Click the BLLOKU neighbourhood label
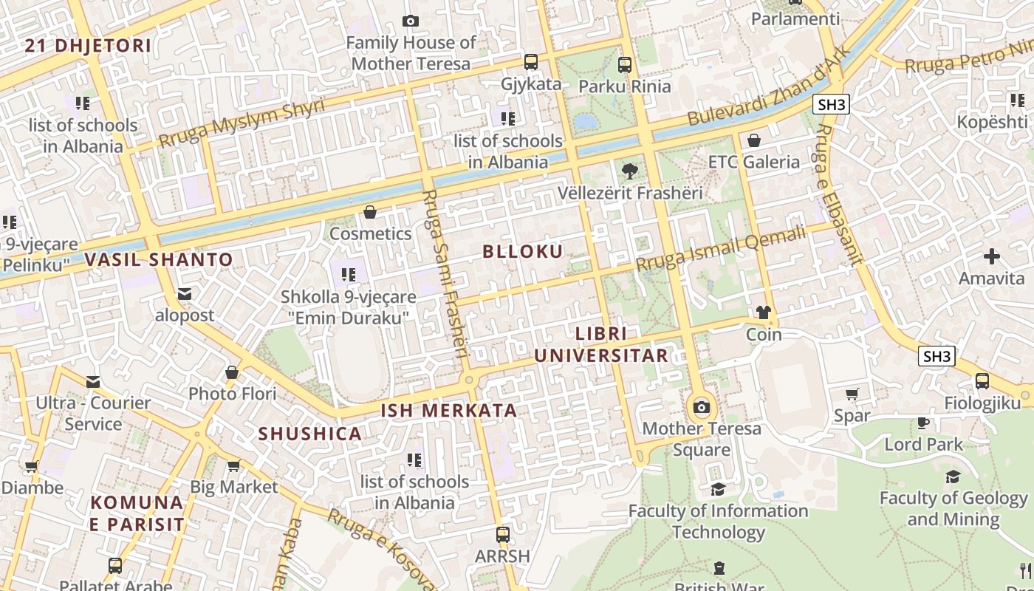[523, 251]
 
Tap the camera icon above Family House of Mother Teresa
[411, 21]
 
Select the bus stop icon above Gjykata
[531, 62]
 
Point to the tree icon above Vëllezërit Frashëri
[629, 171]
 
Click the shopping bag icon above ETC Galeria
[754, 140]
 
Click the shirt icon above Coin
[764, 312]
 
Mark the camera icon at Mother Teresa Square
[702, 407]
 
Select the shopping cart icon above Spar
[852, 394]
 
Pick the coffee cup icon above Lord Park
[923, 423]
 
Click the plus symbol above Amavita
[991, 256]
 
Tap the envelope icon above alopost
[185, 294]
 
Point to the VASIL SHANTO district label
[159, 260]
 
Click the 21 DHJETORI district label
[88, 46]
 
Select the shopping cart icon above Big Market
[233, 465]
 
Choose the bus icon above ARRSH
[503, 534]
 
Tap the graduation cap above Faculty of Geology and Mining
[953, 476]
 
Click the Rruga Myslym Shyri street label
[242, 123]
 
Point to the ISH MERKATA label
[449, 411]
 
